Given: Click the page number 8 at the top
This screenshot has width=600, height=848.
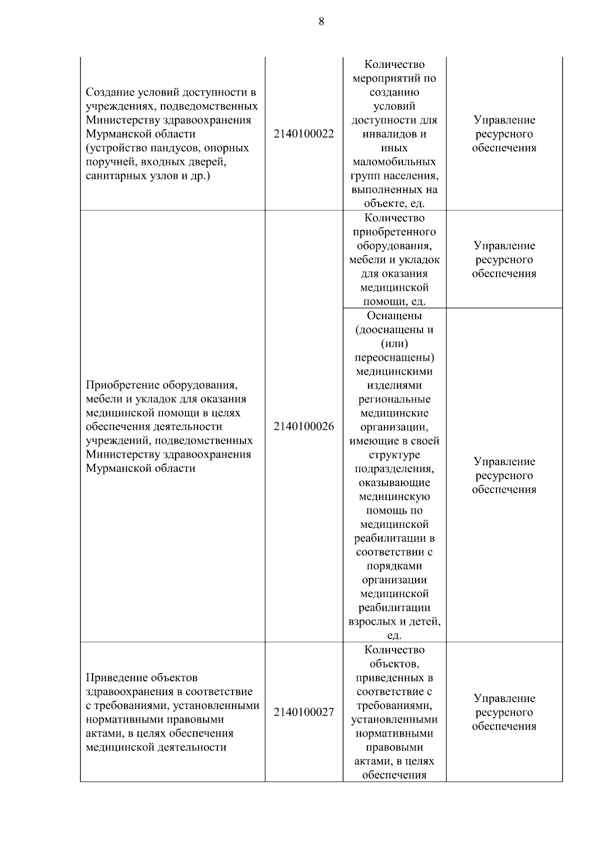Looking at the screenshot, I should [321, 21].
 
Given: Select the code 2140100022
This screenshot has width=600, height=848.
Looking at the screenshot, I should [303, 134].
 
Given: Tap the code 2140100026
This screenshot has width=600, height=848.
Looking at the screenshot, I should [303, 426].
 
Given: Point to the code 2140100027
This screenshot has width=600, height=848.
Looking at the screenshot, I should [303, 712].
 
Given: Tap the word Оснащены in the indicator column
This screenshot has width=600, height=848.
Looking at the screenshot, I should [394, 316].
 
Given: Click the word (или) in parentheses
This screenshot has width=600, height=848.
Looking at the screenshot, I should [394, 344].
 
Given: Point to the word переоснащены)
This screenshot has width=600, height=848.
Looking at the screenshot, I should [394, 358].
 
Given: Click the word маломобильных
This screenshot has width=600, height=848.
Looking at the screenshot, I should [394, 162].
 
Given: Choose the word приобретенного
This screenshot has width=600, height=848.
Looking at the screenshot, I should [394, 232].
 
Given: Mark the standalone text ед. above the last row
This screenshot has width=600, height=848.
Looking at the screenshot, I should [394, 636].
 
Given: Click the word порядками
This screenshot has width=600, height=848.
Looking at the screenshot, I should [394, 566].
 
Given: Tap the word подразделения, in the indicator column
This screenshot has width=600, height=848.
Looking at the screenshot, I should [394, 469].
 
